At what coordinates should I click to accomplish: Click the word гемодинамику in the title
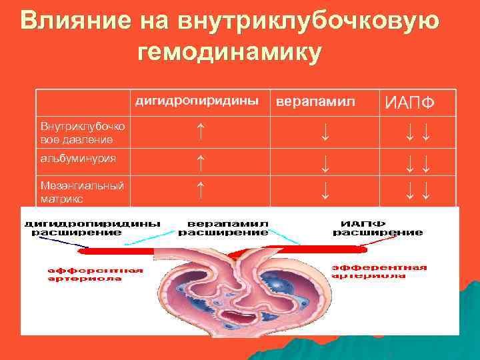click(229, 52)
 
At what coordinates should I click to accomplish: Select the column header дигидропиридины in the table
click(197, 101)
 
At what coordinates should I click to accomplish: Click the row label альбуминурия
click(78, 159)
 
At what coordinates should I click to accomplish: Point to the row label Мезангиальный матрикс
click(82, 191)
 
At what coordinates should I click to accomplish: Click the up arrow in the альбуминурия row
click(201, 160)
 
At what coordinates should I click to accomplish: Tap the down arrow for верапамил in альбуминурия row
click(325, 162)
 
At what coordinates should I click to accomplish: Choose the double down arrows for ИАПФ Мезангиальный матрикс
click(417, 193)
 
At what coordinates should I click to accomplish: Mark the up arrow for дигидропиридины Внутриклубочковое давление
click(201, 131)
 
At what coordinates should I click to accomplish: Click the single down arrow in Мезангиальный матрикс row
click(325, 192)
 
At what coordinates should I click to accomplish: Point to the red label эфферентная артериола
click(379, 271)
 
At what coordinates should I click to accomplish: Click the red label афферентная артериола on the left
click(95, 274)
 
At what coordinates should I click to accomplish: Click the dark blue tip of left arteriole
click(83, 252)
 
